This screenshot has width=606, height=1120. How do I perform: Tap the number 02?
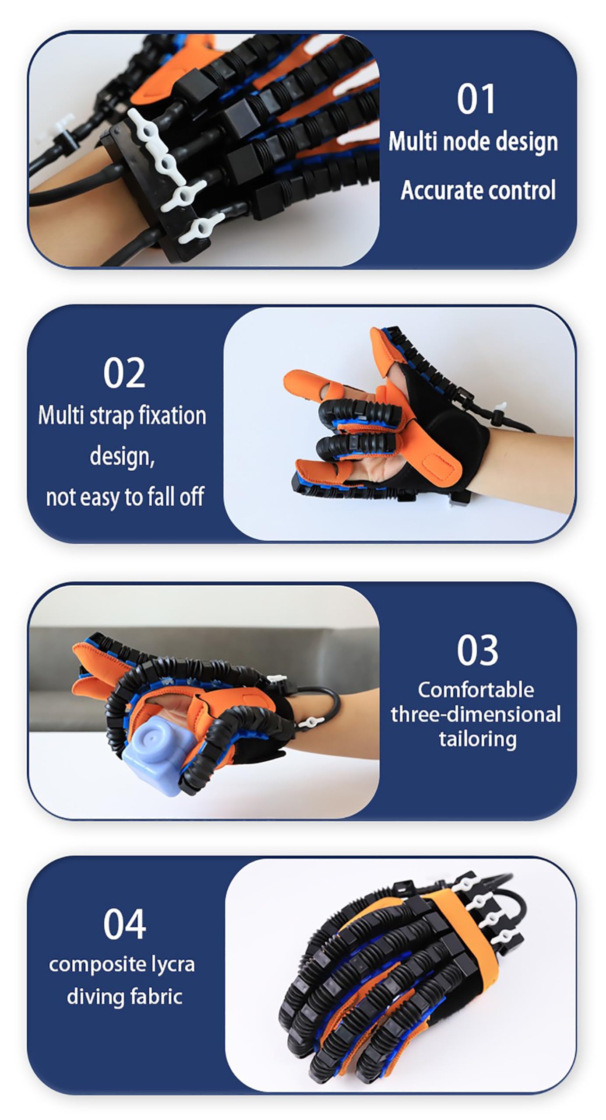[x=124, y=373]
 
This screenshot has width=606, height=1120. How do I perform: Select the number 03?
[x=477, y=650]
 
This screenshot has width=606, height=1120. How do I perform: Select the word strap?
[x=109, y=416]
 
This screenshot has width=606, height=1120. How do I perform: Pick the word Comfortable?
[x=476, y=690]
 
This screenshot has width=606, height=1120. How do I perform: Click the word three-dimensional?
[x=476, y=714]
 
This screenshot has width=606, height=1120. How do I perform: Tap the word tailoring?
[x=477, y=739]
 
